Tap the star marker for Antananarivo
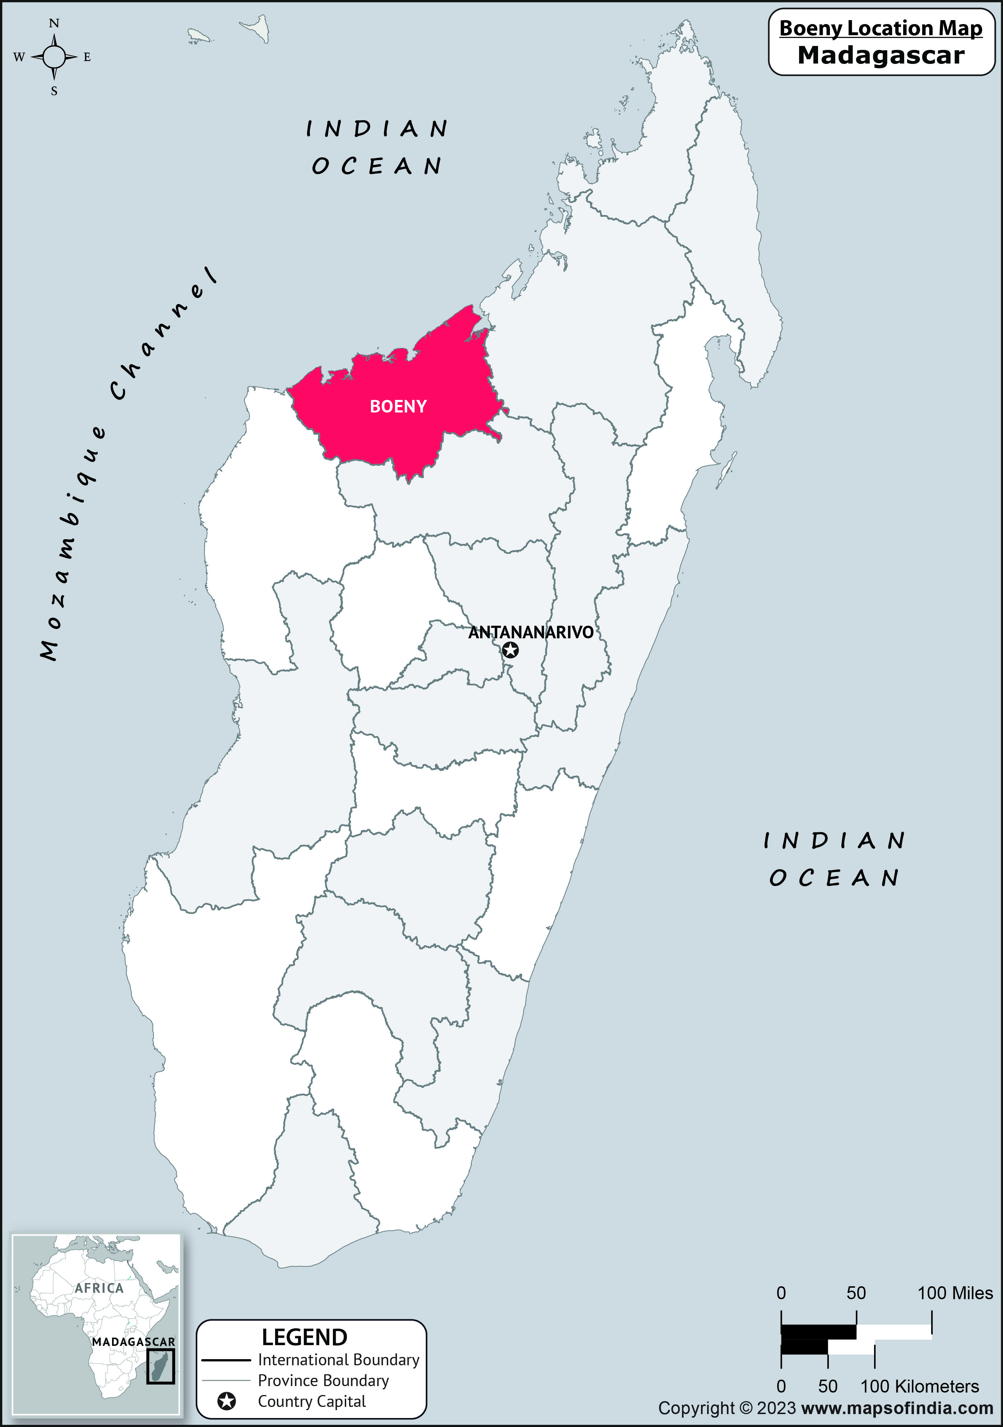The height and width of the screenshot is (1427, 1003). click(510, 650)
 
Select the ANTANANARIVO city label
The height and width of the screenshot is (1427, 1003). click(530, 632)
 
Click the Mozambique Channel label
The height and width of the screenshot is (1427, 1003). click(127, 463)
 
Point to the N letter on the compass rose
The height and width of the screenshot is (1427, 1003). click(54, 24)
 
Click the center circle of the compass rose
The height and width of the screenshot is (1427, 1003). click(54, 57)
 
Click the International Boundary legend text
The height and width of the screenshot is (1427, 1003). click(338, 1360)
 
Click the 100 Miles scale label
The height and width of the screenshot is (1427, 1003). click(955, 1293)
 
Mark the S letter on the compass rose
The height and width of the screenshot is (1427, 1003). click(54, 91)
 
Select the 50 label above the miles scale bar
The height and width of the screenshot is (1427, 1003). click(856, 1293)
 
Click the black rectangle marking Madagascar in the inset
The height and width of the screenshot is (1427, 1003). click(161, 1366)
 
